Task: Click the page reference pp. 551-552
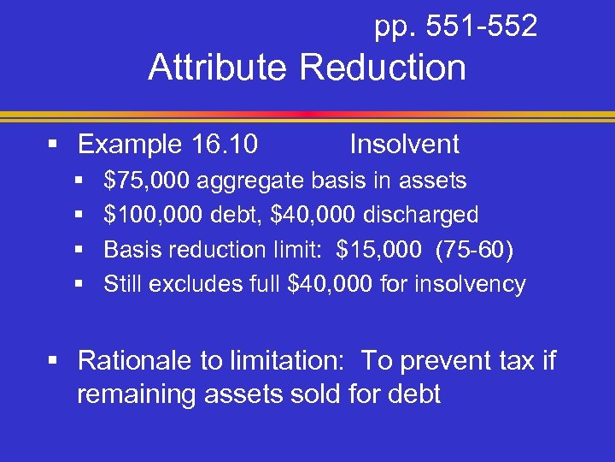(x=455, y=27)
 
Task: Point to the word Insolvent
(x=404, y=145)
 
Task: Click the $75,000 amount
(x=148, y=181)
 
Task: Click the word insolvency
(x=470, y=284)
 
